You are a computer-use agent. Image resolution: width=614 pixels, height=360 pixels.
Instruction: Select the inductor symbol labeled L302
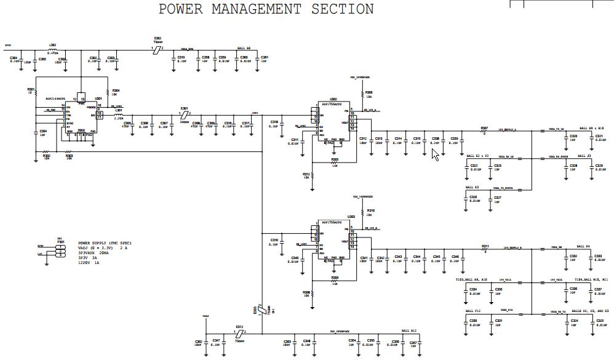pos(53,50)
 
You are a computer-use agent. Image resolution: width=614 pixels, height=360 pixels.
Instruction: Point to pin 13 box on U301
pos(83,98)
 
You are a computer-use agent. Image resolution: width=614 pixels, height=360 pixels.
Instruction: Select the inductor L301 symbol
pos(118,115)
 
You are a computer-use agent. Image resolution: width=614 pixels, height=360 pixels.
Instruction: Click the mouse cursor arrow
pos(435,154)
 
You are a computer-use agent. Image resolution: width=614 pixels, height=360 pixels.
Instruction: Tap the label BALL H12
pos(409,330)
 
